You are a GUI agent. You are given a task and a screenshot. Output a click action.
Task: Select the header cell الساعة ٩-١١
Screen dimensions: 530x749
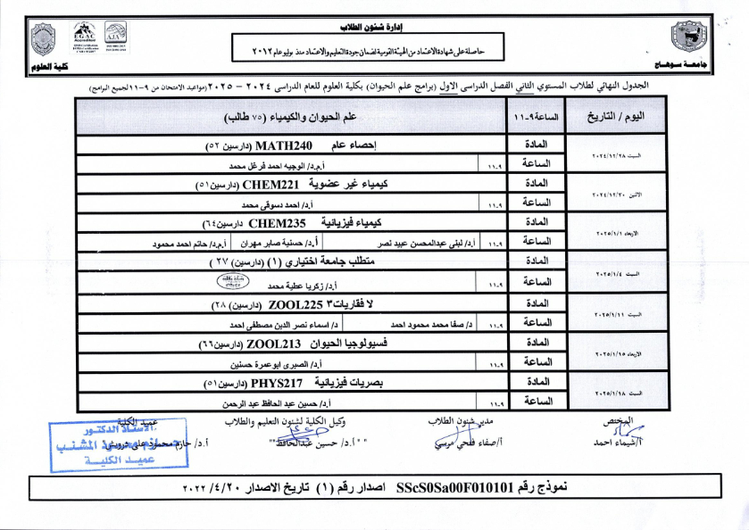pos(533,117)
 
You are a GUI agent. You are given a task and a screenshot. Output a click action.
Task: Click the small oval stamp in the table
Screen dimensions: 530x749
pos(235,279)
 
